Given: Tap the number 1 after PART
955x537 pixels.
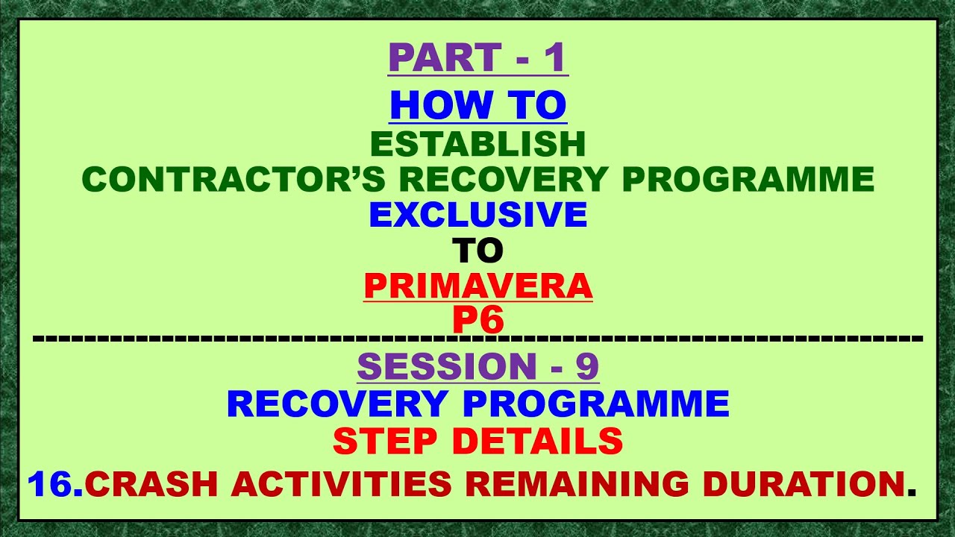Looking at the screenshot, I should tap(554, 58).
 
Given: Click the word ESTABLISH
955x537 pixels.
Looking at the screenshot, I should tap(477, 144).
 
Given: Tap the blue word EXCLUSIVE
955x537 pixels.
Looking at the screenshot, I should tap(477, 215).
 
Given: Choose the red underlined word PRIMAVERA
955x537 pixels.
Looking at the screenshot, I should tap(477, 286).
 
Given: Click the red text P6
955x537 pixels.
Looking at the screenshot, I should tap(477, 320).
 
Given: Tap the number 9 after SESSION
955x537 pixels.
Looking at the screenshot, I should tap(586, 366).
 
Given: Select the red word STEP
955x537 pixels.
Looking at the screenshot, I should tap(387, 442).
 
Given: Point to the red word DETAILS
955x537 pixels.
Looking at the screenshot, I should tap(537, 442).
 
